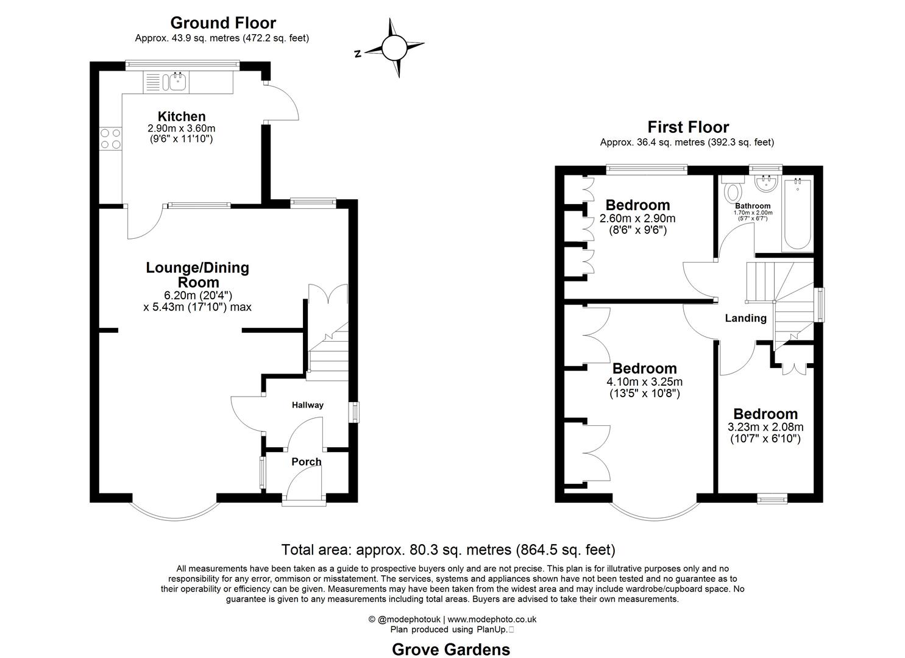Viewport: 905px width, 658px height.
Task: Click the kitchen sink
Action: [177, 82]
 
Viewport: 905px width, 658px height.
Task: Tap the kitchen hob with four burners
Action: [110, 138]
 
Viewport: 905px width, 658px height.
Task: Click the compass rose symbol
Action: [394, 47]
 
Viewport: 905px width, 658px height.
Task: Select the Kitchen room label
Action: [182, 116]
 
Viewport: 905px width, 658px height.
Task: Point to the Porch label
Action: [306, 462]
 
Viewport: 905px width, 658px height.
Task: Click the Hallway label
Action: [307, 405]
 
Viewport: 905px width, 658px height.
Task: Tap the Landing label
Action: [745, 318]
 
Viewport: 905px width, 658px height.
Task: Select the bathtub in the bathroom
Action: [797, 215]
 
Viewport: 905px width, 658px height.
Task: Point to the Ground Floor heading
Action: [222, 23]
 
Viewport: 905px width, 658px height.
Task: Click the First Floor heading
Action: [687, 127]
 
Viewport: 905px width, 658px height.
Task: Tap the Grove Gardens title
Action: [450, 649]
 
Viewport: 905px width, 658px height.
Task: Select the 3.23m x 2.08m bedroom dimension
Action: [765, 427]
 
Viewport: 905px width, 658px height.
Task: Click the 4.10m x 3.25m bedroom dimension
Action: [644, 382]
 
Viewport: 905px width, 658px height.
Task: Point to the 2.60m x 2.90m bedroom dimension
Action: [637, 219]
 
